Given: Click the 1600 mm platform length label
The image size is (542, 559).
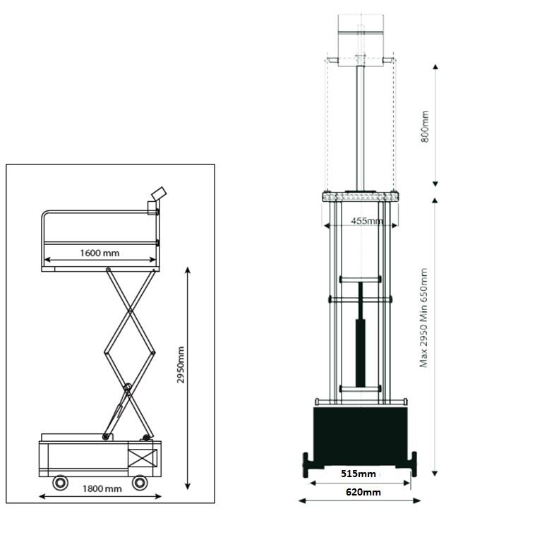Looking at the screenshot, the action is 100,253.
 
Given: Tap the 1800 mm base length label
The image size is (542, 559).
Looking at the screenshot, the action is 102,488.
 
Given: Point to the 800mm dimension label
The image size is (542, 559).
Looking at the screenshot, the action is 425,126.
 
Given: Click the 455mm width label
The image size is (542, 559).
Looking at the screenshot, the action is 367,221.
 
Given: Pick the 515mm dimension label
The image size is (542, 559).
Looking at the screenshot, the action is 359,473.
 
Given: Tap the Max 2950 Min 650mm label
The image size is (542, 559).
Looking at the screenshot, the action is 424,318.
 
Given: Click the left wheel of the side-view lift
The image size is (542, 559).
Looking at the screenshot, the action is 61,483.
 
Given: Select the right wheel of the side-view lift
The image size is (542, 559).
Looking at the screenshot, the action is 140,483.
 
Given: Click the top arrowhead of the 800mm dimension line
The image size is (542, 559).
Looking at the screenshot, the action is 435,66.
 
